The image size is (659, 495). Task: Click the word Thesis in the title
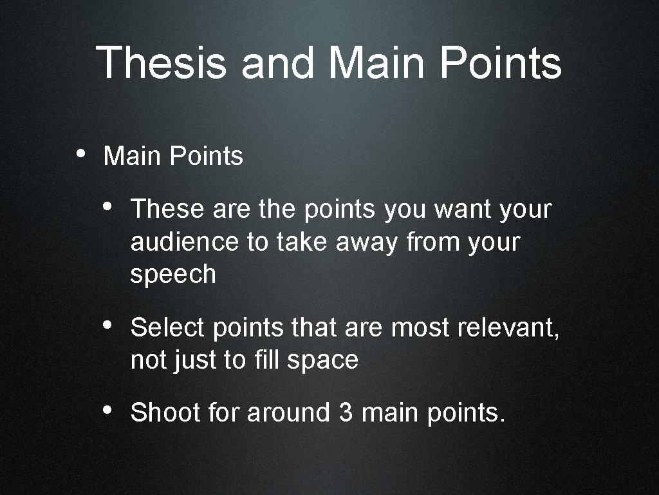click(x=162, y=63)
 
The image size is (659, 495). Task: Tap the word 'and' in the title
click(x=278, y=63)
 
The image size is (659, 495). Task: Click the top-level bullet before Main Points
click(x=80, y=154)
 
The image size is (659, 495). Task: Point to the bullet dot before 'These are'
click(x=107, y=207)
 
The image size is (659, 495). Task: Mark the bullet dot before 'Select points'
click(x=107, y=325)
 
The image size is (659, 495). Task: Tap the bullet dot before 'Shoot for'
click(x=107, y=410)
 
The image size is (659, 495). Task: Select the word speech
click(x=172, y=275)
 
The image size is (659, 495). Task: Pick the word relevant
click(x=508, y=328)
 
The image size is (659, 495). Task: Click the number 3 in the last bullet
click(x=344, y=412)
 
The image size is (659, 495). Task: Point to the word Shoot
click(x=165, y=412)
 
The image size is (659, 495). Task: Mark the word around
click(x=288, y=412)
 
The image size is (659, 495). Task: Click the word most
click(x=421, y=328)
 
